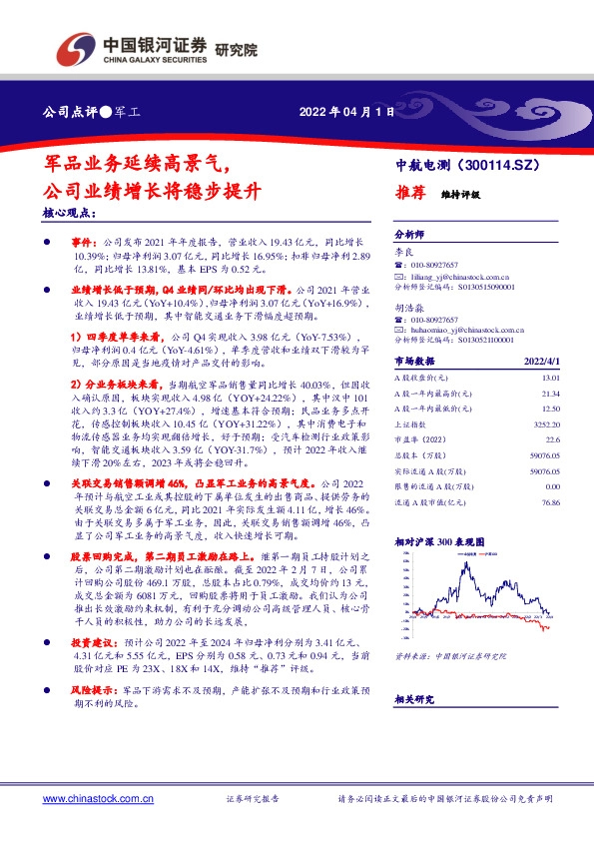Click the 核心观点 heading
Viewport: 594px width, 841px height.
pyautogui.click(x=71, y=214)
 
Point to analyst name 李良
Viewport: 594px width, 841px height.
pyautogui.click(x=403, y=256)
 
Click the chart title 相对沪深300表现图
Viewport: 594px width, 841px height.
pyautogui.click(x=438, y=540)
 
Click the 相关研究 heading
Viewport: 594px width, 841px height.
pyautogui.click(x=415, y=699)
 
